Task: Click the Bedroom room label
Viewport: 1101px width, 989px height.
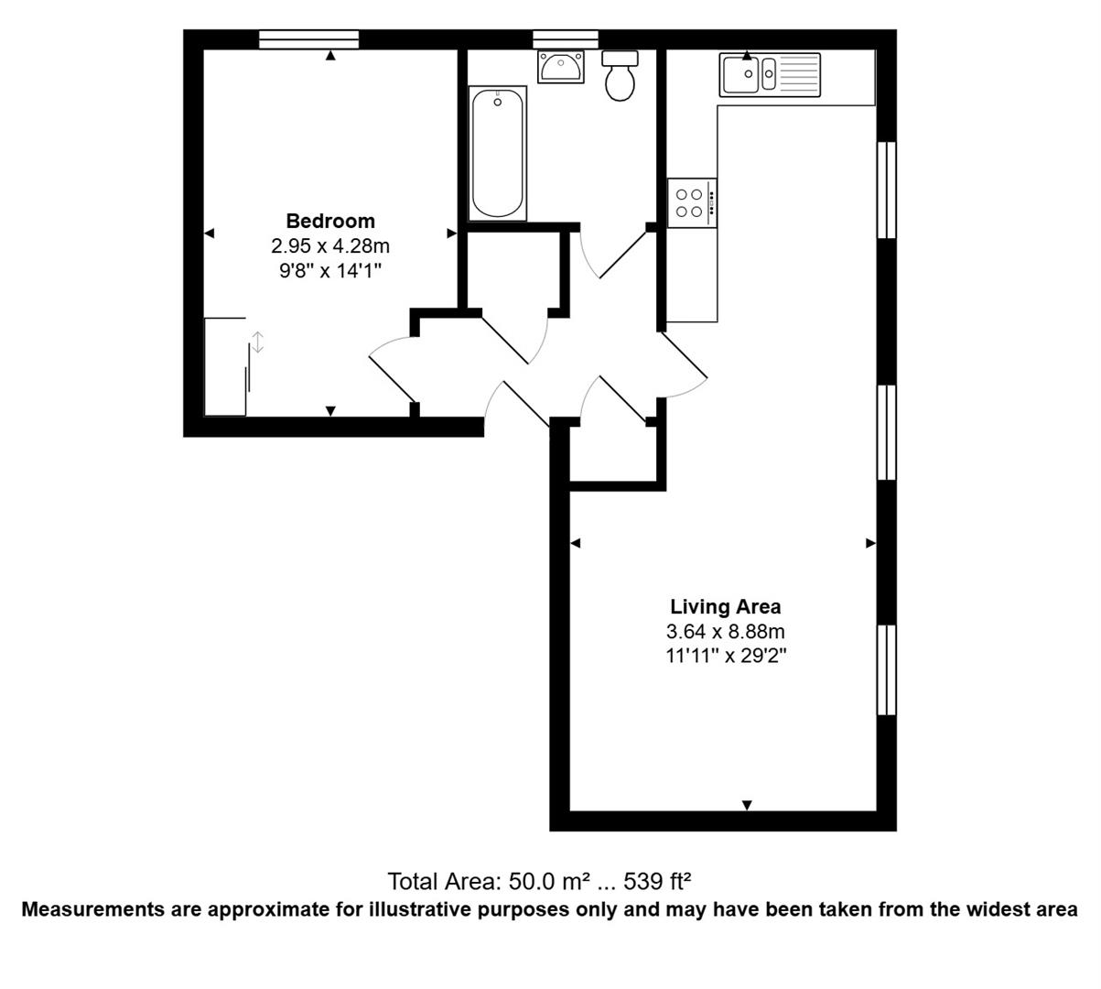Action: (x=330, y=222)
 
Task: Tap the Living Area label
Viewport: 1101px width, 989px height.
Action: (x=726, y=606)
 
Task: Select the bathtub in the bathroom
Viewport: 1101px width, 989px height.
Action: (x=498, y=153)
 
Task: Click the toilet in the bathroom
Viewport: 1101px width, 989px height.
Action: (x=621, y=76)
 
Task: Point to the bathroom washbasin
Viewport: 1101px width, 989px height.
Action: (x=561, y=67)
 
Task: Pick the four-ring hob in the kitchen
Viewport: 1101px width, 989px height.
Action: (x=692, y=202)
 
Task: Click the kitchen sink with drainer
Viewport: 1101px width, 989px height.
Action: (x=770, y=75)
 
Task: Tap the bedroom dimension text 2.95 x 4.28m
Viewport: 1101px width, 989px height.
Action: (x=330, y=246)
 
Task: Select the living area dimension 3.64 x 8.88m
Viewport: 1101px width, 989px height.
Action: (x=726, y=631)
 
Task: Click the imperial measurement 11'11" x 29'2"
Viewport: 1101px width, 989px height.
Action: (x=726, y=656)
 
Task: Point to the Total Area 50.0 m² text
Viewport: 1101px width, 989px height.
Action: (x=489, y=881)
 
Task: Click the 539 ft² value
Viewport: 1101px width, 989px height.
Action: (x=657, y=881)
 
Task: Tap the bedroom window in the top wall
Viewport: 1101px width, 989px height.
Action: (x=308, y=39)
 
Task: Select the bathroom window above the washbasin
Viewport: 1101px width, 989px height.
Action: (x=566, y=39)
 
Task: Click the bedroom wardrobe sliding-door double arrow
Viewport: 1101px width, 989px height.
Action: (x=258, y=342)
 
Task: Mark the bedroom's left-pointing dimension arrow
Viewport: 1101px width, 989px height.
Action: (x=210, y=234)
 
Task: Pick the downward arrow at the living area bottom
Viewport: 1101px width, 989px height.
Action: (x=747, y=805)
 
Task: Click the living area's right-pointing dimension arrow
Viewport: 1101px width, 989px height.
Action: (x=870, y=543)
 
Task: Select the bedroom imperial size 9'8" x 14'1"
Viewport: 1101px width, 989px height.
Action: (x=330, y=270)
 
